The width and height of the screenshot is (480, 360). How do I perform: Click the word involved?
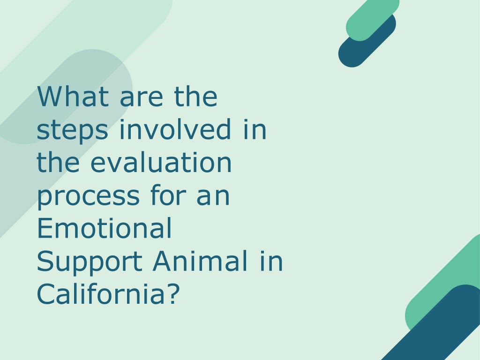(175, 129)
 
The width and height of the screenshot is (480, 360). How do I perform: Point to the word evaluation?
(161, 162)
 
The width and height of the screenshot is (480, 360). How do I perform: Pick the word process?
(89, 198)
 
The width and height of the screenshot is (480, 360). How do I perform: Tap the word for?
(168, 195)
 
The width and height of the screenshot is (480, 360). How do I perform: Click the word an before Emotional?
(213, 198)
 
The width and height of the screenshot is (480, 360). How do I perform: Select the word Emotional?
(104, 228)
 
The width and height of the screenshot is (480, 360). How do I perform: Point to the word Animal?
(200, 261)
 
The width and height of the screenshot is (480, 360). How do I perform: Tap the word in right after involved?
(255, 129)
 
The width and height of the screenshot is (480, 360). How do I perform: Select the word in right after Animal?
(271, 261)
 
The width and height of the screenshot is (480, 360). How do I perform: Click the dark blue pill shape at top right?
(367, 41)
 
